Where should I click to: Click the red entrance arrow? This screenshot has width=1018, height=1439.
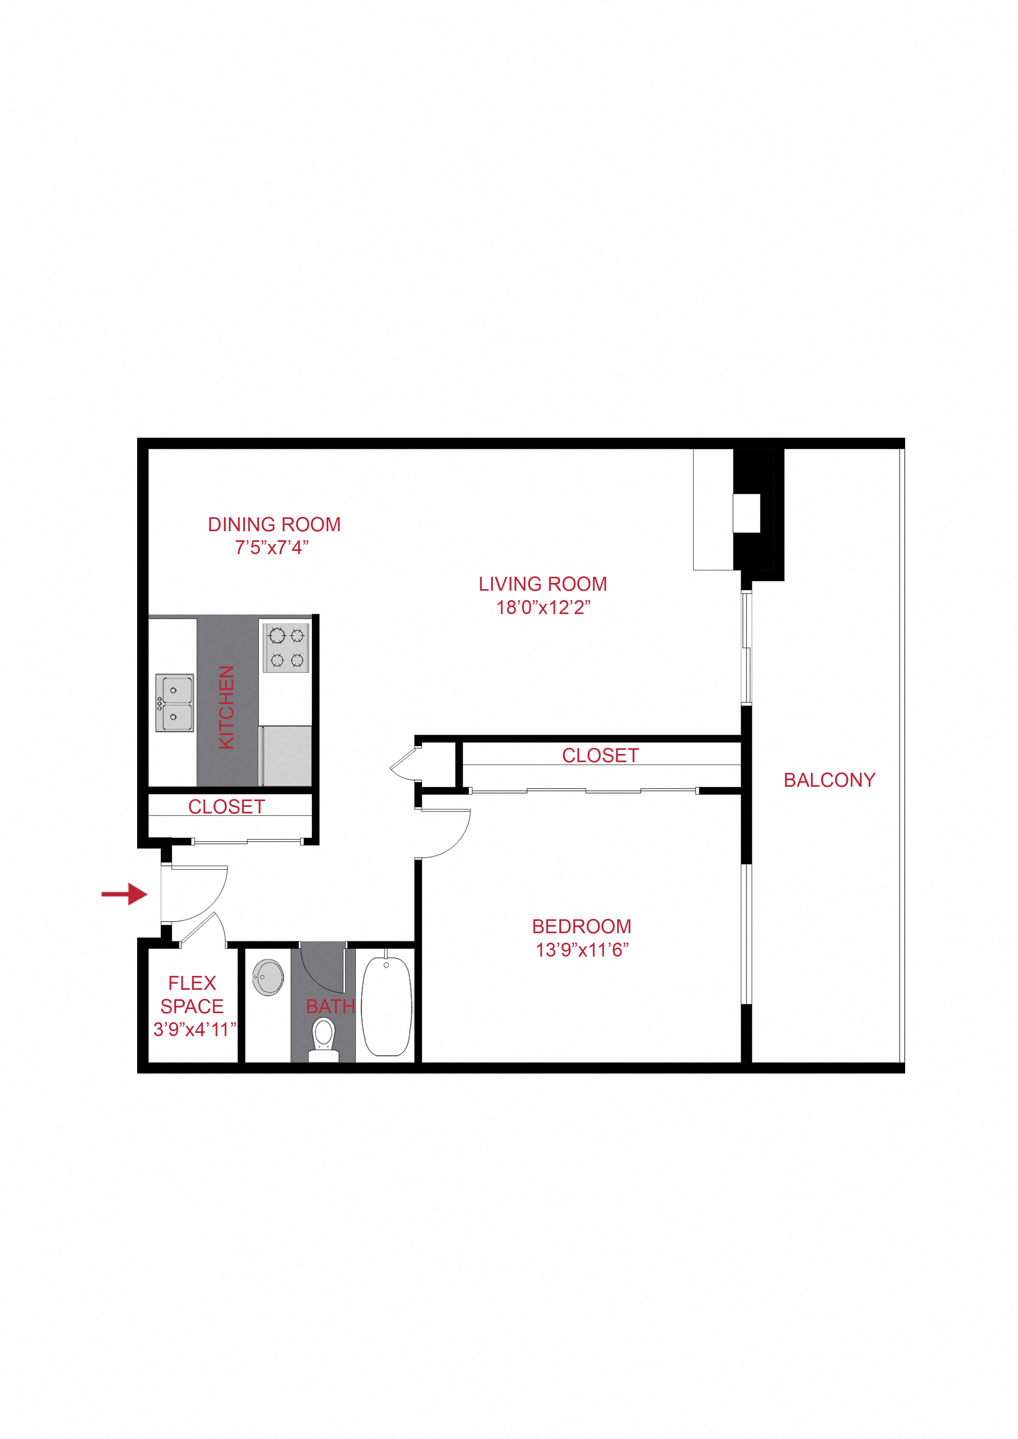[x=125, y=894]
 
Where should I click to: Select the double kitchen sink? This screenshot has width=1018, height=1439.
[x=174, y=703]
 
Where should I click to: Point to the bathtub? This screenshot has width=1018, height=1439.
[x=386, y=1005]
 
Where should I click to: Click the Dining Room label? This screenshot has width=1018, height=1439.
[x=274, y=525]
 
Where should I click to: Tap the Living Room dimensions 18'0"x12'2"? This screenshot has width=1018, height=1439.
[x=543, y=608]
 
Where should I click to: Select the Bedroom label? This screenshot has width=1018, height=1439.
[x=581, y=926]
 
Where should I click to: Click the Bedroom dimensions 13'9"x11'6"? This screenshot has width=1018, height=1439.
[x=581, y=950]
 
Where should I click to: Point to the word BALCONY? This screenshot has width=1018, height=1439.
[x=829, y=780]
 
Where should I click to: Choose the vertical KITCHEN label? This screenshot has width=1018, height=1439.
[x=227, y=707]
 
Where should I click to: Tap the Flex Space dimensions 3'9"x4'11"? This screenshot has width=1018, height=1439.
[x=195, y=1030]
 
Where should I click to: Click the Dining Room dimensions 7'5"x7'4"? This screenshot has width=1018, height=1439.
[x=272, y=548]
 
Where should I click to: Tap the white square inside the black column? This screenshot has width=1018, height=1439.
[x=746, y=513]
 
